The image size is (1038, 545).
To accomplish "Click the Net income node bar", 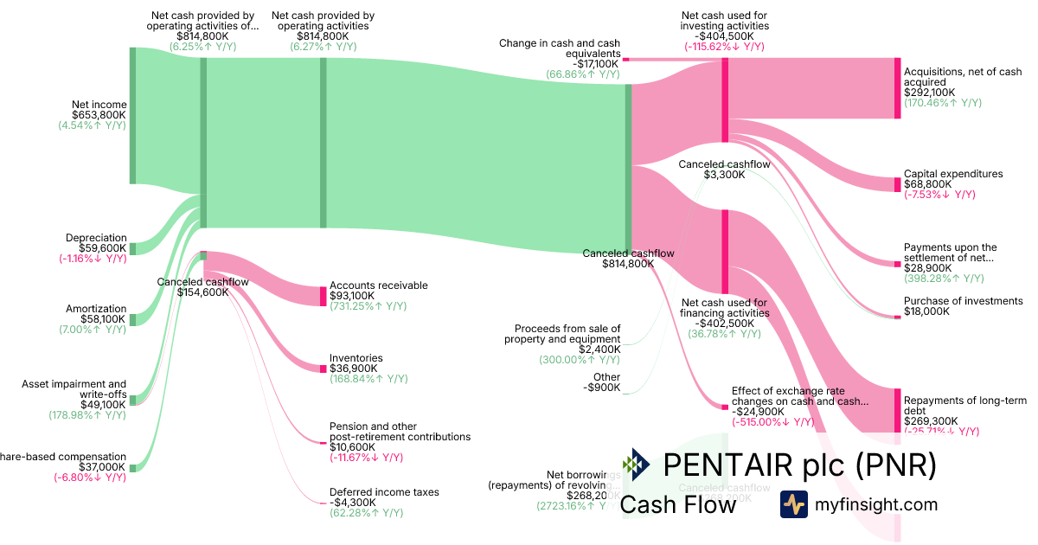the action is point(132,115).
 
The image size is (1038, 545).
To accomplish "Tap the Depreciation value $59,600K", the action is point(103,248).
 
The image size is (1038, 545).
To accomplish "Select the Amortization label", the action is point(96,309).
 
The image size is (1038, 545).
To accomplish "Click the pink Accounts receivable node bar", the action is point(323,296).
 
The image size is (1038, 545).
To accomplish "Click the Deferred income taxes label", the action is point(384,492).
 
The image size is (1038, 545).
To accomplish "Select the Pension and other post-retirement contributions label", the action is point(400,432).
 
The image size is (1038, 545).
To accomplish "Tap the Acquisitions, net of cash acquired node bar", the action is point(897,88).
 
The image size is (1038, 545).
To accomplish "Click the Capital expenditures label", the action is point(953,174).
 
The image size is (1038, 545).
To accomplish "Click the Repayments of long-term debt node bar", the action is point(897,411).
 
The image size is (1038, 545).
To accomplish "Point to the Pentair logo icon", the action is point(636,465).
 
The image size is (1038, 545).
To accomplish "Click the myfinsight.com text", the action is point(875,504).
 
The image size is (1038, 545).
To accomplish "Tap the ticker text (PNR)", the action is point(896,465).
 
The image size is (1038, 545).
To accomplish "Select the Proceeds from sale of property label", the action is point(567,334).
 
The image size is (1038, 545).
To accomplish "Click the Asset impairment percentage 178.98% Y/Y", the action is point(86,415).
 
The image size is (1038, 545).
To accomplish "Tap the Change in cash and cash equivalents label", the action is point(559,48).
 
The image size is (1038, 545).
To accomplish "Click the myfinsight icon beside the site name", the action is point(793,504).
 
